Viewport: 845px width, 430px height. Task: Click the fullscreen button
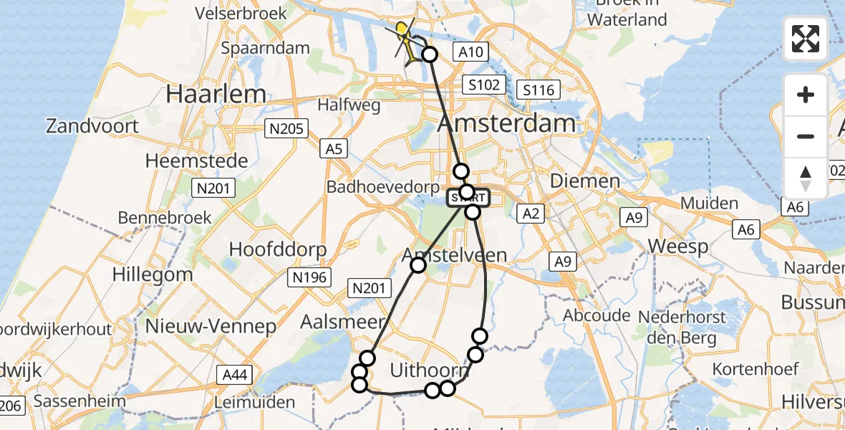tap(806, 39)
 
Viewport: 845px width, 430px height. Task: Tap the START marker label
tap(469, 197)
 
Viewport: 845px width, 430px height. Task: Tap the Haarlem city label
tap(216, 94)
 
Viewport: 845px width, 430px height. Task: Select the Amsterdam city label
tap(506, 123)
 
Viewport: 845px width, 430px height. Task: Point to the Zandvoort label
tap(92, 127)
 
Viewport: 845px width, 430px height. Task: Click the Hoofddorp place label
tap(278, 249)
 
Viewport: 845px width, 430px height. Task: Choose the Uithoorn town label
tap(430, 371)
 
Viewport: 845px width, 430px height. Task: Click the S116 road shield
tap(539, 90)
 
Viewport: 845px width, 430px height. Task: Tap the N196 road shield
tap(309, 277)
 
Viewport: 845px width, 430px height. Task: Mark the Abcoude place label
tap(596, 315)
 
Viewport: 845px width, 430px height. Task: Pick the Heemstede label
tap(197, 161)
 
